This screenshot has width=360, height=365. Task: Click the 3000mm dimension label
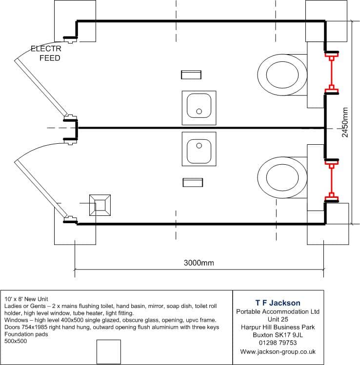coord(199,263)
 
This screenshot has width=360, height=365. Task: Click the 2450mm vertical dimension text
coord(345,122)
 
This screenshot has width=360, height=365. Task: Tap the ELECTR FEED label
coord(46,53)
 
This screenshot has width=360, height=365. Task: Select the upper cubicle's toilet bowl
coord(282,75)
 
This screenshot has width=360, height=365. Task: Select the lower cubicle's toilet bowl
coord(282,177)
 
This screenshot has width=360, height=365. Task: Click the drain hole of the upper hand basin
coord(199,111)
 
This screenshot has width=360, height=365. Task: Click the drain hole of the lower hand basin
coord(199,146)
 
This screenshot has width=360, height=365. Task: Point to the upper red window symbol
coord(332,73)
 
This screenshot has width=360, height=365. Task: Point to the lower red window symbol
coord(332,181)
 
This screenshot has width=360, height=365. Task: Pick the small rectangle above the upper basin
coord(191,75)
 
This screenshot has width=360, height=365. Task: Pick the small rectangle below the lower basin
coord(193,182)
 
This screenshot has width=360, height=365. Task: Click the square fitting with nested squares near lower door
coord(100,205)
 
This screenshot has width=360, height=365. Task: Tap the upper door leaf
coord(41,88)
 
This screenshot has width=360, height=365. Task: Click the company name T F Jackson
coord(278,303)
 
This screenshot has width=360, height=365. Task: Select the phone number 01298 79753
coord(278,343)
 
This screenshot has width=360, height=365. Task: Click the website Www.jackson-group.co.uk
coord(278,351)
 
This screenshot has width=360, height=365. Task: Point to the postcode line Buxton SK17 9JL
coord(278,335)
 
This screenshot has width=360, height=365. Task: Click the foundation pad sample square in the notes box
coord(109,351)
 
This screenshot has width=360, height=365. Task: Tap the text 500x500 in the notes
coord(16,341)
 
